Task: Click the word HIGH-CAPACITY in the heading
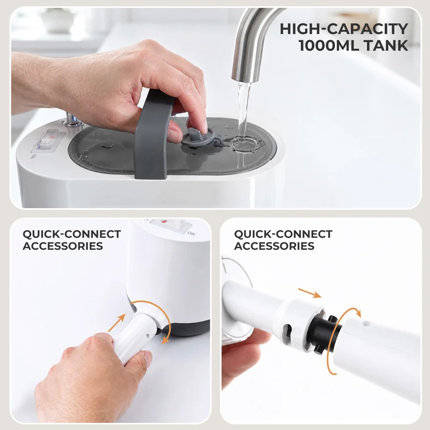click(344, 29)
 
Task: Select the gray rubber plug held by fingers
click(199, 137)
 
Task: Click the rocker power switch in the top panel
click(48, 141)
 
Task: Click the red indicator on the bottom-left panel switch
click(164, 221)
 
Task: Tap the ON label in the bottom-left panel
click(191, 233)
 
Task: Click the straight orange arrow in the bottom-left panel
click(117, 323)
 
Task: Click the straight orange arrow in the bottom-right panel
click(310, 293)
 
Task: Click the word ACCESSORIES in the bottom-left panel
click(63, 246)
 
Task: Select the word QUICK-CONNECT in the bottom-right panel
click(283, 234)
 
